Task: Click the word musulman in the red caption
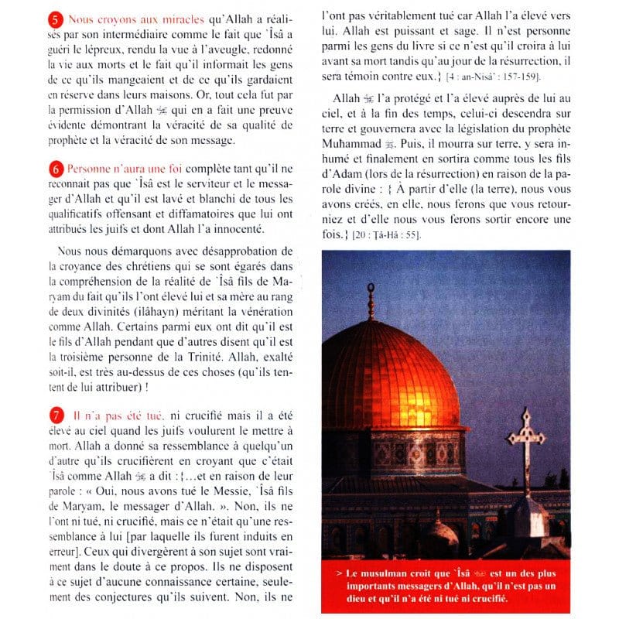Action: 374,574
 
